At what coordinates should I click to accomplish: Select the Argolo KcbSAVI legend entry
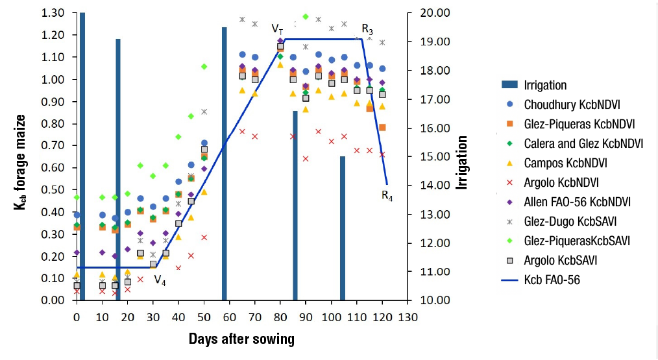560,261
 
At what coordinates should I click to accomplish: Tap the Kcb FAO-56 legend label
552,280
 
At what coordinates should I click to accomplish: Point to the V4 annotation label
160,280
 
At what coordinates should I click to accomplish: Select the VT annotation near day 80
277,29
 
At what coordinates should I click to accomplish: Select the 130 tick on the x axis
408,318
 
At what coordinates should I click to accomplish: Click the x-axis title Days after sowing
241,339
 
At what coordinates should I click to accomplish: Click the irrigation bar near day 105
342,227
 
